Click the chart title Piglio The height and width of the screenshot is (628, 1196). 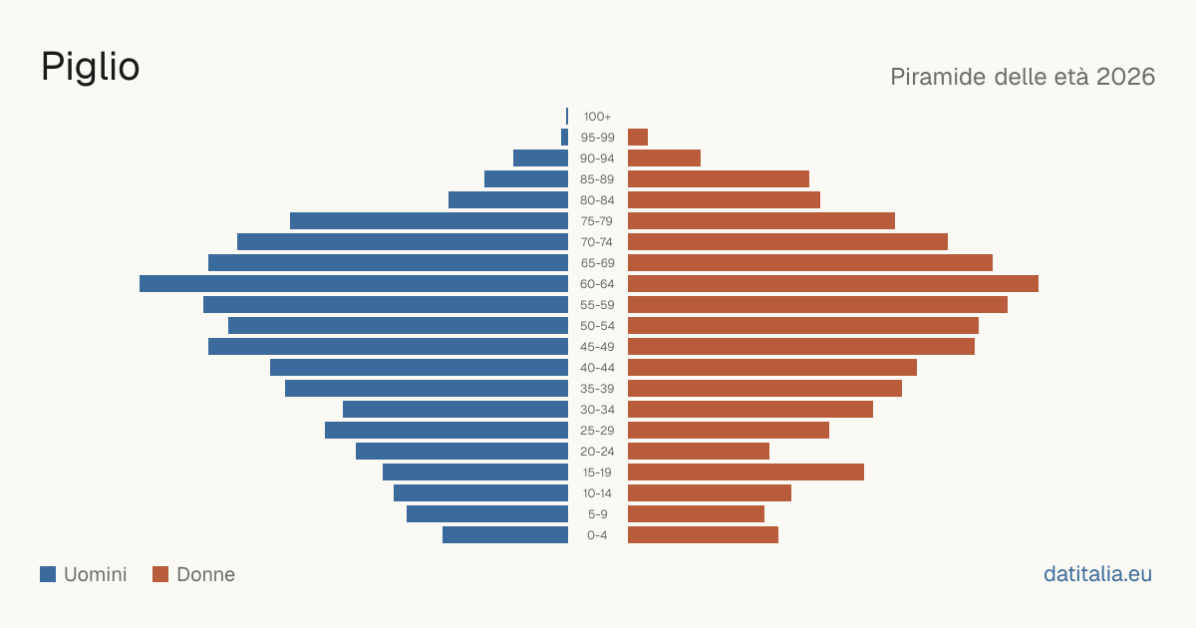[91, 68]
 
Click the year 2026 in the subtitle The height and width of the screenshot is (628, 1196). [1125, 77]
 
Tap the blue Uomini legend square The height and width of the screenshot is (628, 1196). [48, 574]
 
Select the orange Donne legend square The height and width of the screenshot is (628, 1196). [160, 574]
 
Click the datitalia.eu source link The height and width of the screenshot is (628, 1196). [1097, 574]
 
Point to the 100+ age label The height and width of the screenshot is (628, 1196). [597, 117]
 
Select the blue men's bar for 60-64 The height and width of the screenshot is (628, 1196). [354, 283]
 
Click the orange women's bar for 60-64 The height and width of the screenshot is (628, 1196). [833, 283]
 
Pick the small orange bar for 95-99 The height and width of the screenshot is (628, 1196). [638, 138]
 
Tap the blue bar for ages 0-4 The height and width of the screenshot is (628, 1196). [505, 534]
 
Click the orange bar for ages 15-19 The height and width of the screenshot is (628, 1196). [746, 472]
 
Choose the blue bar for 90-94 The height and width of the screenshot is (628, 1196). [540, 158]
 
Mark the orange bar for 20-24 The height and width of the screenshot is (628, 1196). [699, 452]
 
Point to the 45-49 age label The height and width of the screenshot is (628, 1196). [597, 347]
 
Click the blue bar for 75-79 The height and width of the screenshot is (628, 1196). [429, 221]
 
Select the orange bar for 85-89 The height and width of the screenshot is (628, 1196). [719, 178]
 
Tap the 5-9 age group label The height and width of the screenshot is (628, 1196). [597, 514]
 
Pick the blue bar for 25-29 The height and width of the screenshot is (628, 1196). [447, 431]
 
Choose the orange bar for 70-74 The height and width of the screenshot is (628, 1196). [787, 242]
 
